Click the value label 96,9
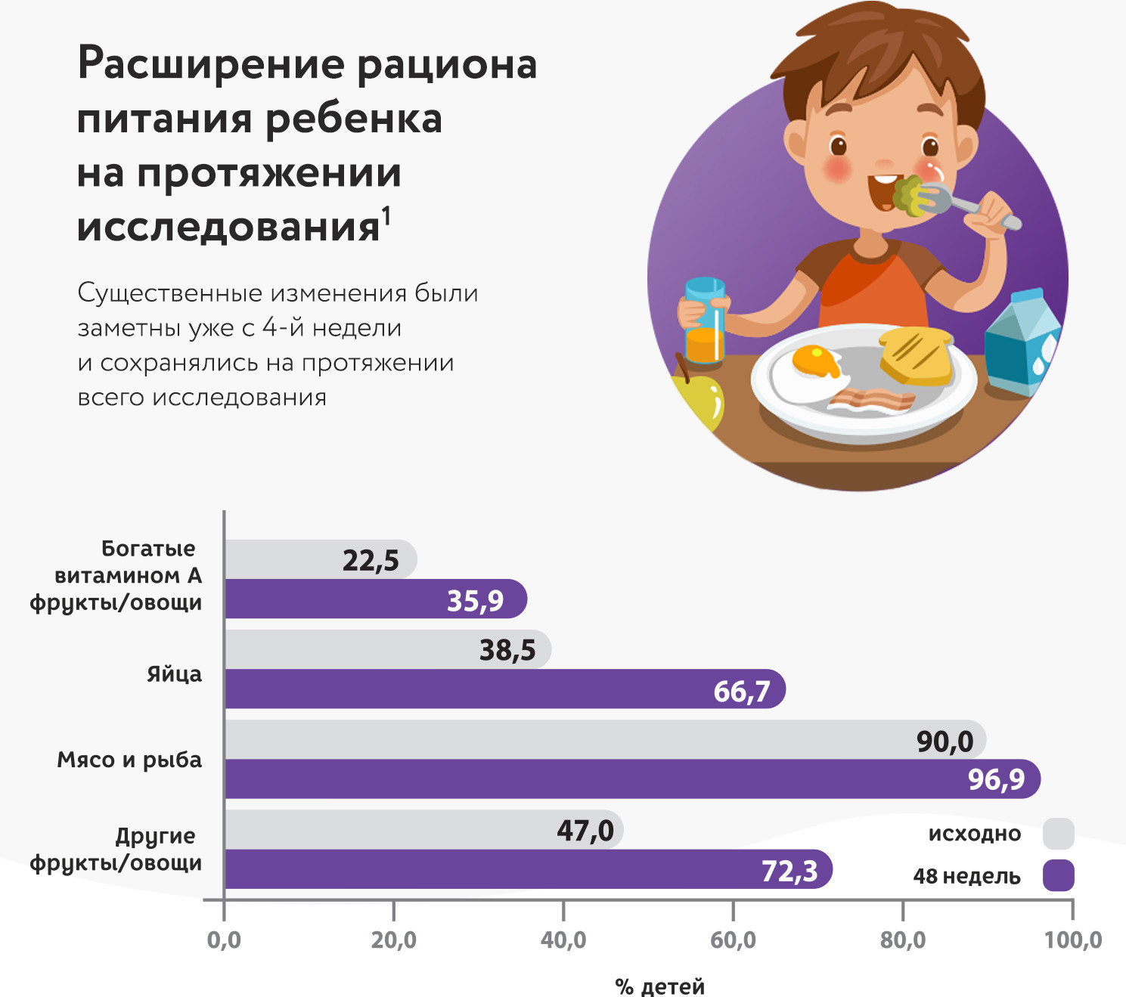[996, 779]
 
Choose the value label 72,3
[789, 871]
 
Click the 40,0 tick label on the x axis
[563, 940]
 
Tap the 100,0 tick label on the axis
[1073, 940]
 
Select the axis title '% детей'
[659, 986]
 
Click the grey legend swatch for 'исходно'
[1058, 834]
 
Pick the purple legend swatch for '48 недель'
[1058, 875]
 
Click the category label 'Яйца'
[174, 674]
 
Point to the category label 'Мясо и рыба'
[129, 760]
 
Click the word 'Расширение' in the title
[212, 65]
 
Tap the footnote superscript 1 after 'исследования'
[386, 217]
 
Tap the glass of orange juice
[705, 321]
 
